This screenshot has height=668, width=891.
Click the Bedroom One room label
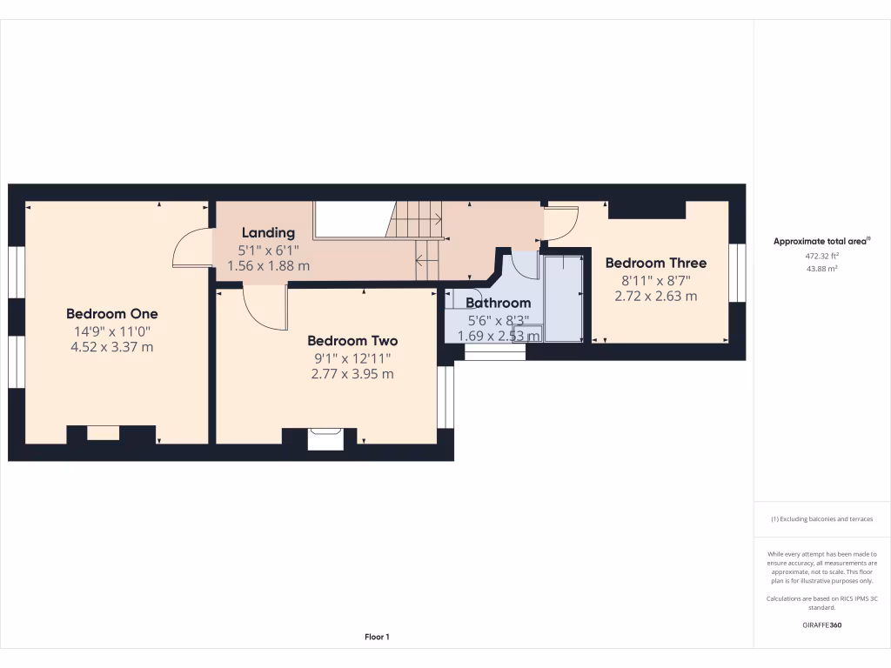tap(112, 313)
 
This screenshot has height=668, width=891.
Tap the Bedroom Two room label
tap(352, 341)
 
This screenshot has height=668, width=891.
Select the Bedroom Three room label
tap(656, 263)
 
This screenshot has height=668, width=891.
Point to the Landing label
tap(268, 232)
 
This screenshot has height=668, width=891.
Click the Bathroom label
tap(498, 303)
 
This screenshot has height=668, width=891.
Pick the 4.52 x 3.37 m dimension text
tap(112, 347)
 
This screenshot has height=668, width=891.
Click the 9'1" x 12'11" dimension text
tap(352, 357)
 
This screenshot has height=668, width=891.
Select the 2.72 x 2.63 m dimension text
tap(656, 296)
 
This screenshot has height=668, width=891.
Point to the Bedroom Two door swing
tap(265, 310)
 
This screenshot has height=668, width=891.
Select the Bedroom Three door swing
tap(560, 223)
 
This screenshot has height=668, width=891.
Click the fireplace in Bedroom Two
tap(326, 438)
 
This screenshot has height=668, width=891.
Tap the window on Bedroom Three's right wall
tap(737, 272)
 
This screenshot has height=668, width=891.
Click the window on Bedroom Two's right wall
tap(445, 397)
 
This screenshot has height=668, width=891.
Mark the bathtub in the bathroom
tap(563, 297)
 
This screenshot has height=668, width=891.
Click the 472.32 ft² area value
tap(822, 257)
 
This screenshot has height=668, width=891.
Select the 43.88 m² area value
tap(822, 269)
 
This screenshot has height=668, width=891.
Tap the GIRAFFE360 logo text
tap(822, 625)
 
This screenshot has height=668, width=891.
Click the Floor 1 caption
tap(377, 638)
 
